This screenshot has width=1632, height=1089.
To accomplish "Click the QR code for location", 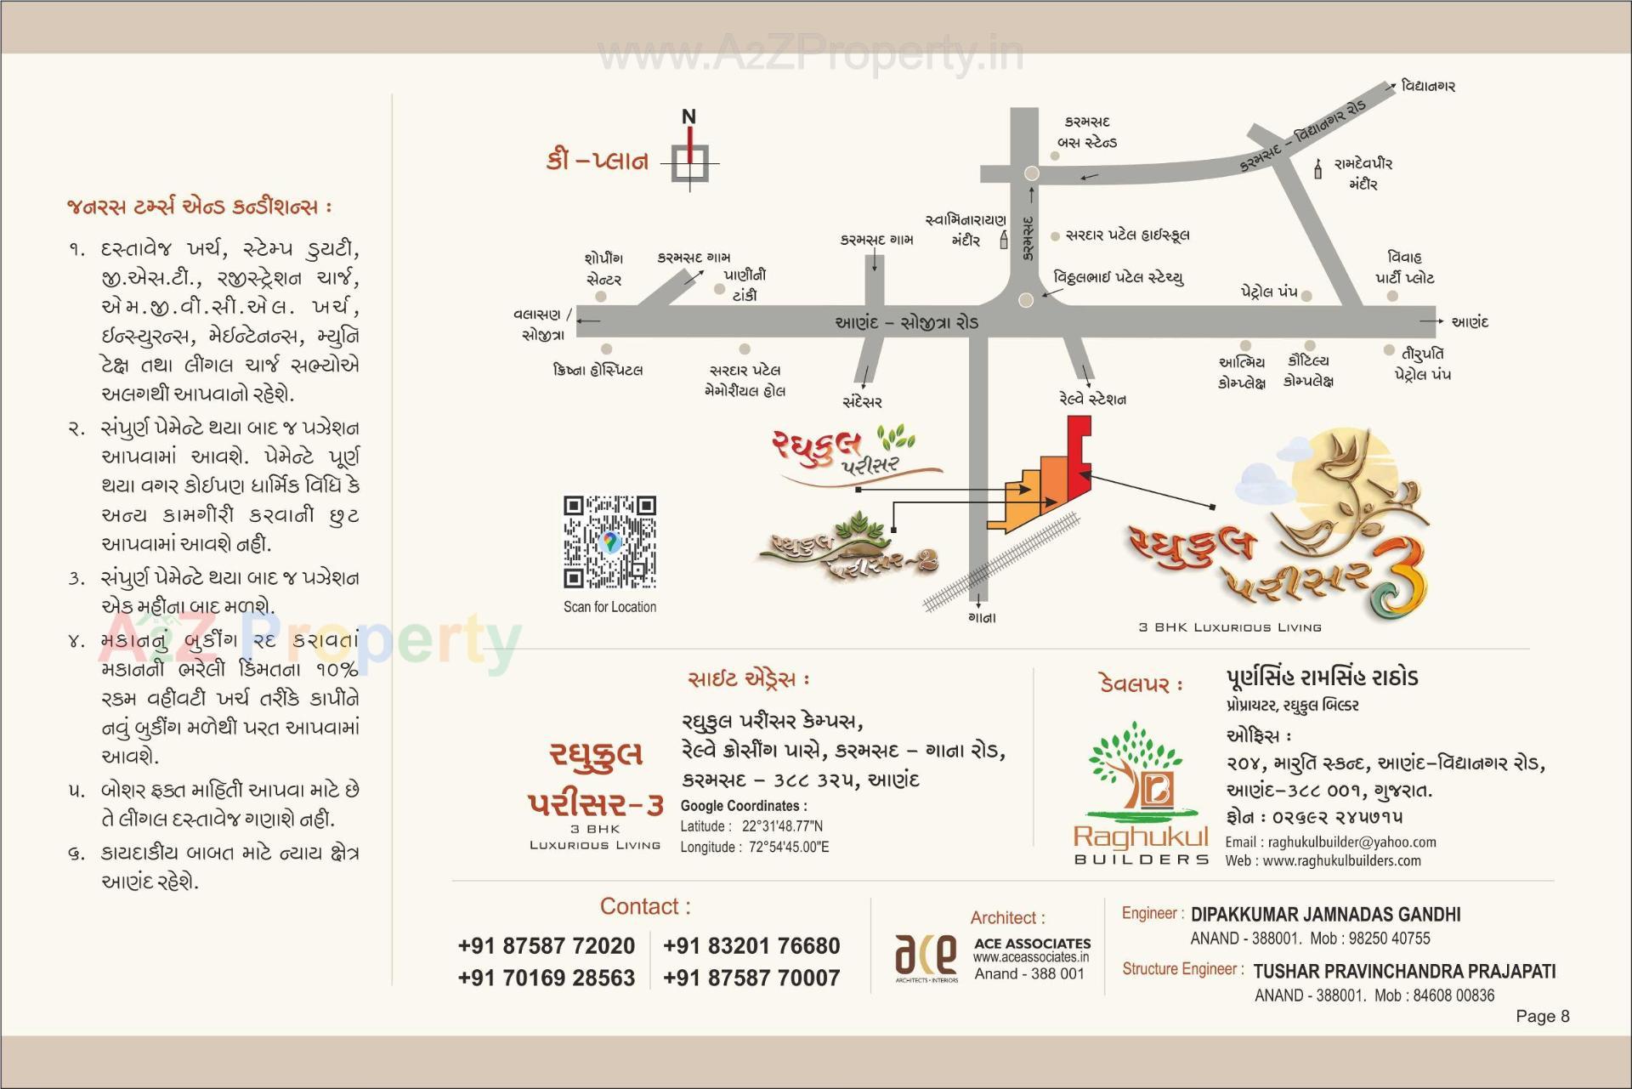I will (609, 542).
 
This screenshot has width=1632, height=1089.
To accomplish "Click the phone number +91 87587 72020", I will (546, 945).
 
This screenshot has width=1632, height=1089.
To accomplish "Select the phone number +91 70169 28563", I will (546, 978).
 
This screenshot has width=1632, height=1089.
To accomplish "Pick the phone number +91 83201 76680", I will (751, 945).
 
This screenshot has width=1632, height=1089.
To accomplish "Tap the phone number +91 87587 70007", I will (751, 978).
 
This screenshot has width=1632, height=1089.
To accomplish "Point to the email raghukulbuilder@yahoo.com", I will (1351, 842).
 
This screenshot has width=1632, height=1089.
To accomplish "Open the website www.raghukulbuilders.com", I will (1341, 860).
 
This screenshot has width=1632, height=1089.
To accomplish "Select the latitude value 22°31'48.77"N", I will (782, 825).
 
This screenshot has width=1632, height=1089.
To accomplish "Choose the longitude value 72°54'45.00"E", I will (785, 847).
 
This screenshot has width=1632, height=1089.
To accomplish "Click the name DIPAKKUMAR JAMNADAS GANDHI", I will (1325, 915).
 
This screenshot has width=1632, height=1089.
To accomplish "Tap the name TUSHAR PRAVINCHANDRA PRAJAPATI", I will (1404, 971).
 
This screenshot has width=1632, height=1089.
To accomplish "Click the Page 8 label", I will (1542, 1016).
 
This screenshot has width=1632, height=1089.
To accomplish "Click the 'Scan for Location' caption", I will (609, 607).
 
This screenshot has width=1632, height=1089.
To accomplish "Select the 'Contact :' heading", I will (645, 906).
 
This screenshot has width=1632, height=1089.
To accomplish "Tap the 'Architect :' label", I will (1007, 917).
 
